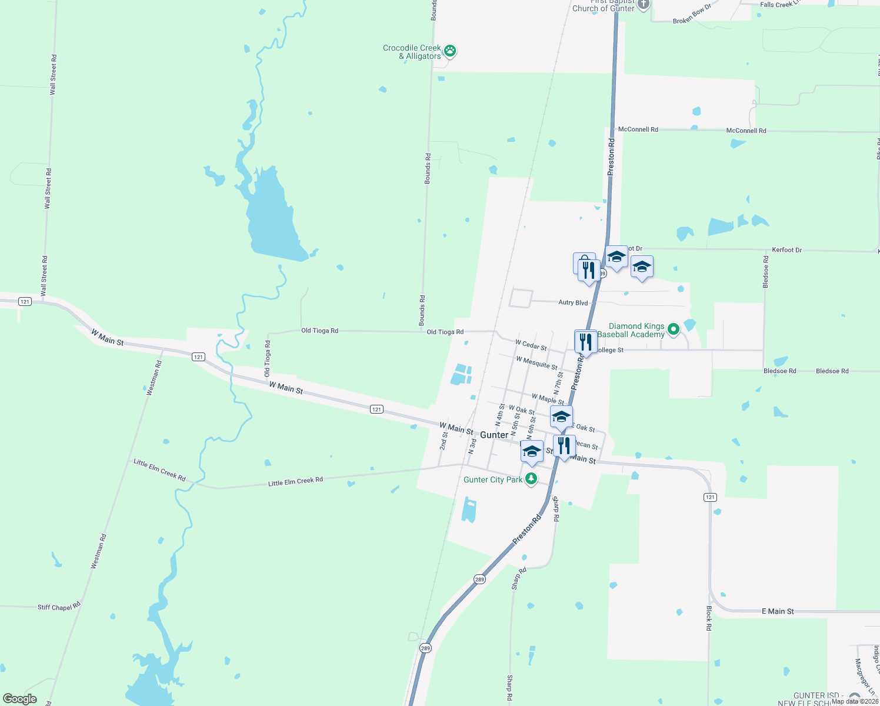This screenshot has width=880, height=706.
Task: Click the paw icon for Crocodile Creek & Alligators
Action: coord(450,51)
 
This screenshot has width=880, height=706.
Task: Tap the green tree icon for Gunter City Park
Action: coord(531,479)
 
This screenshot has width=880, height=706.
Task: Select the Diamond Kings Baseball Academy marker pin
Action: coord(674,329)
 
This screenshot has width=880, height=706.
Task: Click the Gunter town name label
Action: coord(494,435)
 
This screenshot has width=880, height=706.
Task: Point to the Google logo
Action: coord(20,699)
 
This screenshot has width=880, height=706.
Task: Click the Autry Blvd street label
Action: coord(572,302)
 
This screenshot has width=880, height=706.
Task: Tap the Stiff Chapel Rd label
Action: coord(59,607)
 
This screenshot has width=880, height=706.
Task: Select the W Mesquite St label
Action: coord(536,362)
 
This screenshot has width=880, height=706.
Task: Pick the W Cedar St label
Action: coord(531,345)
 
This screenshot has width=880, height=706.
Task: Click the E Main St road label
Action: coord(778,611)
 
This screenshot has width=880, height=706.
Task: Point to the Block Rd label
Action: coord(709,618)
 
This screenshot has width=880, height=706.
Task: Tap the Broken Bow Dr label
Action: coord(692,14)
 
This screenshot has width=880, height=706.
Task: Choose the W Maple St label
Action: coord(548,399)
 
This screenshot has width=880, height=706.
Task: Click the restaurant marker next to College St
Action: coord(585,342)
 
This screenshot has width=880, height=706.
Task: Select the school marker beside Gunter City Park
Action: coord(532,452)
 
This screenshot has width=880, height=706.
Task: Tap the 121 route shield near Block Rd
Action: coord(710,497)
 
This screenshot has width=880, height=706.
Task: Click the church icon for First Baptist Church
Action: coord(643,5)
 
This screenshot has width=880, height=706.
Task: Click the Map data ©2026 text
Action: coord(855,701)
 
